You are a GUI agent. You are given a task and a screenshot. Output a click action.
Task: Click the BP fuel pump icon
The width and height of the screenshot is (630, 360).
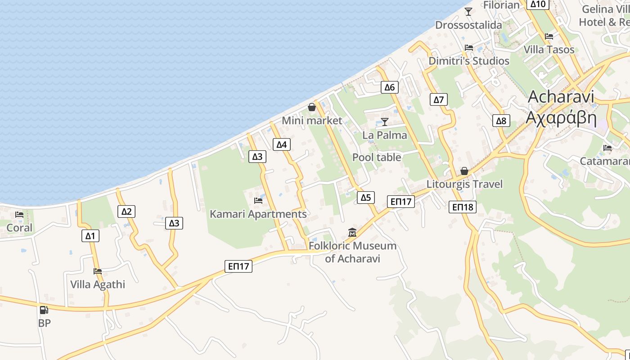pyautogui.click(x=44, y=310)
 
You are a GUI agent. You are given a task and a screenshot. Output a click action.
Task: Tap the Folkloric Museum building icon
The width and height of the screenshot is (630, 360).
pyautogui.click(x=352, y=233)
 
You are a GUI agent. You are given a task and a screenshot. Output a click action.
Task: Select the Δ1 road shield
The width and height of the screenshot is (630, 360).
pyautogui.click(x=90, y=235)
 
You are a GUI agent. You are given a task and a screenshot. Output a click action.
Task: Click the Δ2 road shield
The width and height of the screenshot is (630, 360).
pyautogui.click(x=126, y=211)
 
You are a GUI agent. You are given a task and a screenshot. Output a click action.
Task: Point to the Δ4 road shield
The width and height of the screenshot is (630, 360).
pyautogui.click(x=281, y=144)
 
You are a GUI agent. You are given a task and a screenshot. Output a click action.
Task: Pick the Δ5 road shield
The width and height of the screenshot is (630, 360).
pyautogui.click(x=366, y=197)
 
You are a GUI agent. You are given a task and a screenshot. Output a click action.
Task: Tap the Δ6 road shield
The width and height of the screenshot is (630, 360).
pyautogui.click(x=389, y=87)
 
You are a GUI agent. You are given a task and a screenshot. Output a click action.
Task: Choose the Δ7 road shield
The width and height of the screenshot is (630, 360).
pyautogui.click(x=439, y=99)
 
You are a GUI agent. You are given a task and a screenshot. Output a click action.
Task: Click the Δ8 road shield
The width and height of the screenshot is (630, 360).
pyautogui.click(x=501, y=121)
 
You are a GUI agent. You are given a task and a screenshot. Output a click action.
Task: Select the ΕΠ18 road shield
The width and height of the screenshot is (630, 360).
pyautogui.click(x=463, y=207)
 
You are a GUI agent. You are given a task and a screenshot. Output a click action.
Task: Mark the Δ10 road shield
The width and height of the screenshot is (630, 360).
pyautogui.click(x=538, y=4)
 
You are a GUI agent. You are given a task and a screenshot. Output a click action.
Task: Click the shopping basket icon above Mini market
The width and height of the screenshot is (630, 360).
pyautogui.click(x=311, y=107)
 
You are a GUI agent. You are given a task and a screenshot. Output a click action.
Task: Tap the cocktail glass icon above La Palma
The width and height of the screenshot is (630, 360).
pyautogui.click(x=385, y=121)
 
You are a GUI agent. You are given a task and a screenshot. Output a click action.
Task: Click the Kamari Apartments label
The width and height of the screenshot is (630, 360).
pyautogui.click(x=258, y=214)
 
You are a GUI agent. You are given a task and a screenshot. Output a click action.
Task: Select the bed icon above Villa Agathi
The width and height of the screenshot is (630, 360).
pyautogui.click(x=98, y=271)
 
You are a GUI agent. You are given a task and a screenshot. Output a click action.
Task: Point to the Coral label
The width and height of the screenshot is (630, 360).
pyautogui.click(x=19, y=228)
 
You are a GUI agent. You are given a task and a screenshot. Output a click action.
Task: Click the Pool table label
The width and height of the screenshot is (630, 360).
pyautogui.click(x=377, y=157)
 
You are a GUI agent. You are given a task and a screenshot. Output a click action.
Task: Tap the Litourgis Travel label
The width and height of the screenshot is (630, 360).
pyautogui.click(x=464, y=184)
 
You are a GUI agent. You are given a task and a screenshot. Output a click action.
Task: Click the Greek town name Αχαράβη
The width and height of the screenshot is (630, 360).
pyautogui.click(x=561, y=118)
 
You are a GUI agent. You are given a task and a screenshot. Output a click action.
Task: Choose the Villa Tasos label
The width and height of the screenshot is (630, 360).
pyautogui.click(x=549, y=49)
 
